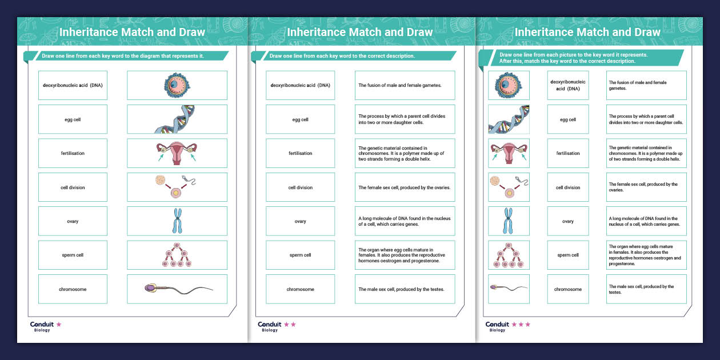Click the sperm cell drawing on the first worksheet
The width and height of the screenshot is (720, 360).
(x=178, y=289)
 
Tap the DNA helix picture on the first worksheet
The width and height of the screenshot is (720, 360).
(x=176, y=119)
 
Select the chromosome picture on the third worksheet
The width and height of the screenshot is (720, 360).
(x=508, y=221)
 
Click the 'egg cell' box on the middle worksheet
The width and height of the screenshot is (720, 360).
(x=300, y=119)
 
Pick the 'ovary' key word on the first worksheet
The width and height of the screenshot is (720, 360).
(x=73, y=221)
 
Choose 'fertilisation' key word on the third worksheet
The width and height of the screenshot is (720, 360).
(x=568, y=153)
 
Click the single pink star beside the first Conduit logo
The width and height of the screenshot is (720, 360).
(x=59, y=325)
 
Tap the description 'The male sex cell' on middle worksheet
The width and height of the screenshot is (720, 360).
(x=402, y=289)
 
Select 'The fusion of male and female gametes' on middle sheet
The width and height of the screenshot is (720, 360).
(x=400, y=85)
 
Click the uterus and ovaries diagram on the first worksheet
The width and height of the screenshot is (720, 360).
(x=177, y=153)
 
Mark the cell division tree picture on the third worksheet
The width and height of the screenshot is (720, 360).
(x=509, y=255)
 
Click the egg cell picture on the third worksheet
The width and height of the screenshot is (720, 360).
(x=508, y=85)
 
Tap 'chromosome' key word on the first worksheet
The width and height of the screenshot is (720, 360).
(x=73, y=289)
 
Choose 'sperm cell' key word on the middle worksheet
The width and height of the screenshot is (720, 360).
(x=300, y=255)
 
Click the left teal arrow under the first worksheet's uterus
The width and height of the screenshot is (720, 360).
(x=161, y=158)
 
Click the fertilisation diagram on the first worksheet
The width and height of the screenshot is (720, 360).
(x=175, y=186)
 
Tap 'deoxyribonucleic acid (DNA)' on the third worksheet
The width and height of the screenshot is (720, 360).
(x=568, y=85)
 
